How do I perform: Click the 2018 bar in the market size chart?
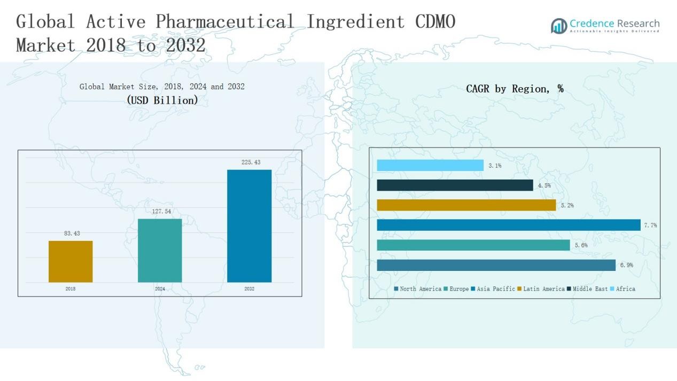pyautogui.click(x=71, y=261)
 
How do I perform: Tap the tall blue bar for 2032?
pyautogui.click(x=249, y=226)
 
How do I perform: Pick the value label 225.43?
pyautogui.click(x=251, y=162)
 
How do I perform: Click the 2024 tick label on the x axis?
pyautogui.click(x=160, y=289)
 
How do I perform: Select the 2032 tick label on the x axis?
pyautogui.click(x=249, y=289)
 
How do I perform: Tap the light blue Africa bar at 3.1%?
pyautogui.click(x=430, y=166)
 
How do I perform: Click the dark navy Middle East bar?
pyautogui.click(x=455, y=185)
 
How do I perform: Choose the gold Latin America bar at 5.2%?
pyautogui.click(x=466, y=205)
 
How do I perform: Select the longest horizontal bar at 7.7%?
pyautogui.click(x=508, y=225)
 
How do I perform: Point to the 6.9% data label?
pyautogui.click(x=626, y=265)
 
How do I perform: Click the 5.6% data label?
pyautogui.click(x=581, y=245)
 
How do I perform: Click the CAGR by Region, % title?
pyautogui.click(x=515, y=89)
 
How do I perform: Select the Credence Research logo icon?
pyautogui.click(x=559, y=26)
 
